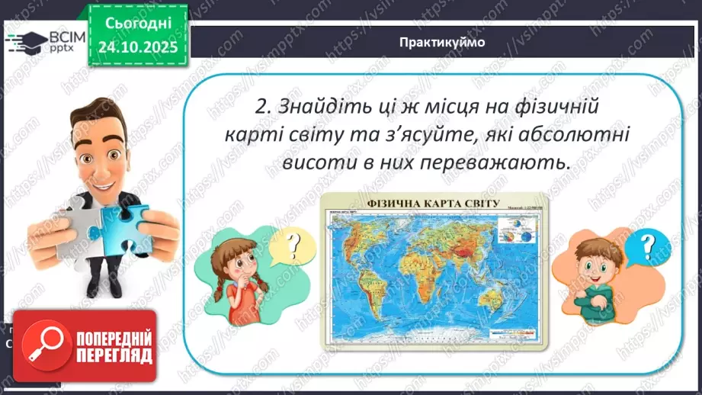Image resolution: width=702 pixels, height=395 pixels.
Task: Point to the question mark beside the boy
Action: click(x=646, y=245)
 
